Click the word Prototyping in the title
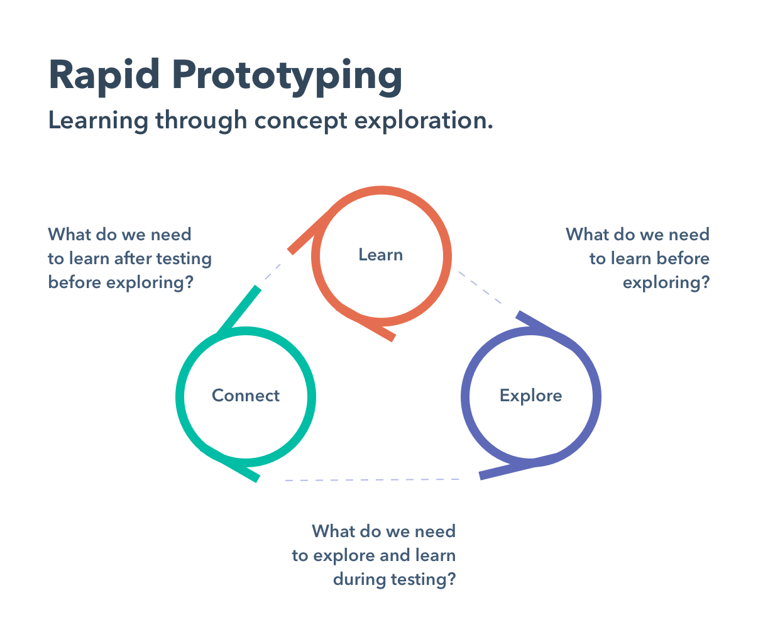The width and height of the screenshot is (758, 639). (287, 77)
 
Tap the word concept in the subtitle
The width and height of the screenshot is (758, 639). (300, 121)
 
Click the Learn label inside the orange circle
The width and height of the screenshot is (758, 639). (381, 255)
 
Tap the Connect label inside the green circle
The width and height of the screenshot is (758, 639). (246, 395)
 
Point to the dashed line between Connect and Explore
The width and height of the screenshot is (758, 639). (372, 480)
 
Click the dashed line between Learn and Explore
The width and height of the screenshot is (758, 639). (480, 287)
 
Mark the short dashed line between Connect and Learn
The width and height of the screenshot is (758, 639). (273, 272)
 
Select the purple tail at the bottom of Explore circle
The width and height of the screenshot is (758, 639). (515, 467)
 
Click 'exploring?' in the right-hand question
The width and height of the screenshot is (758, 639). (666, 283)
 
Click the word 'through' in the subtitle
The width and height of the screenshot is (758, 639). (202, 121)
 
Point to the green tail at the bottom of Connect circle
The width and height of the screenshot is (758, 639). (231, 465)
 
